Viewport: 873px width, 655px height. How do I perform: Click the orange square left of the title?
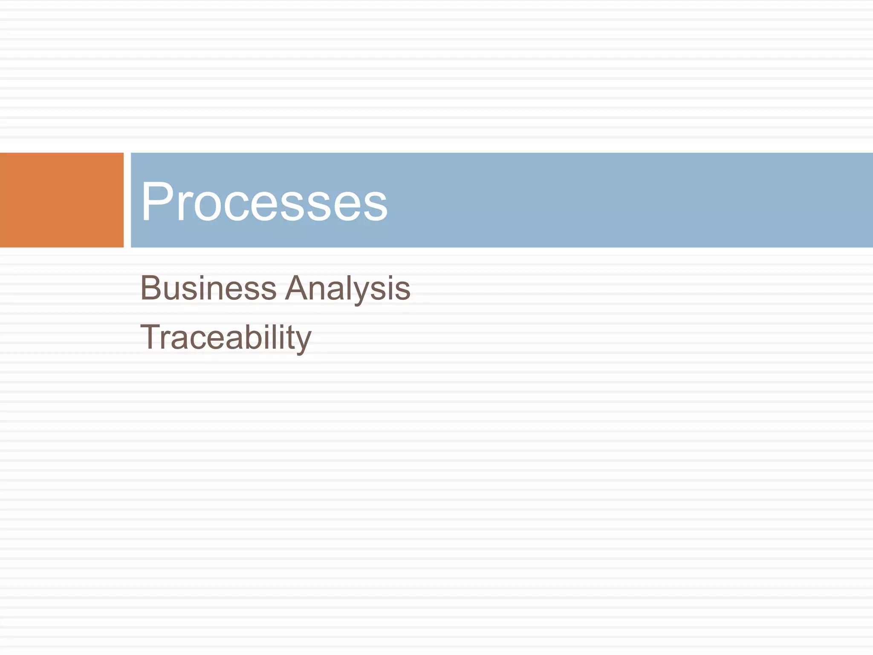point(61,200)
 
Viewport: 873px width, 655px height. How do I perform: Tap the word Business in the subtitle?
point(208,288)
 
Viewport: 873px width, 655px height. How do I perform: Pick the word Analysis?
point(347,289)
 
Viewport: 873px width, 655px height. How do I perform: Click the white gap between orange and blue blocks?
point(127,200)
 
